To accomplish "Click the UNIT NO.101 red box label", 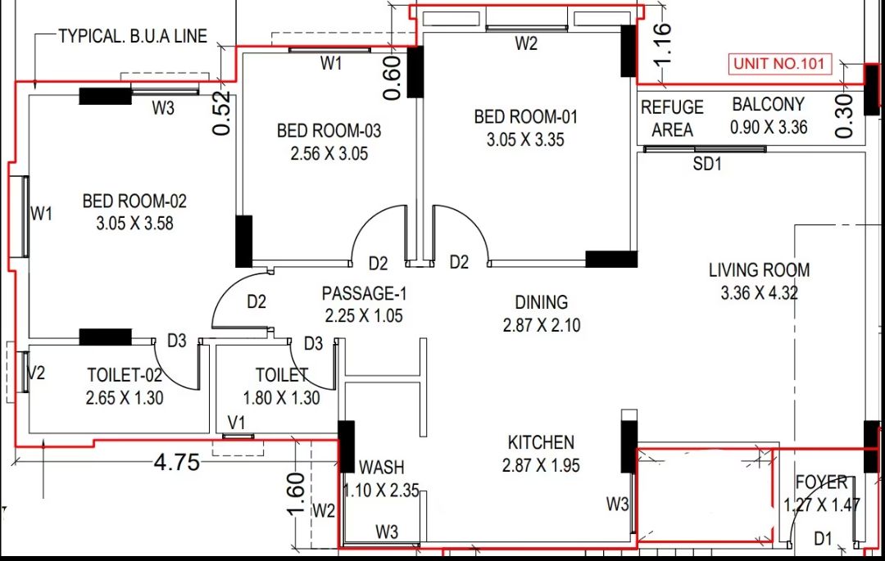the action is pos(779,63).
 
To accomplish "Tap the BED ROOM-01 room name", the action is pos(525,117).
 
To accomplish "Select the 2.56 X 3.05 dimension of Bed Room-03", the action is pos(329,153).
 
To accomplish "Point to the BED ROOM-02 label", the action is pos(134,201).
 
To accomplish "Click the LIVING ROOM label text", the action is pos(759,270).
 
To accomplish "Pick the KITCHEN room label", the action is pos(541,442).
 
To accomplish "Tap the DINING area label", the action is pos(542,303).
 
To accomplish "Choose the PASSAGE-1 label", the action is pos(364,294).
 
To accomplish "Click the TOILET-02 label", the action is pos(125,375).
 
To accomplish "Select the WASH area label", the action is pos(382,468).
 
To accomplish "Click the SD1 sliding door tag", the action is pos(707,164).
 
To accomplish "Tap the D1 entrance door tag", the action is pos(823,539).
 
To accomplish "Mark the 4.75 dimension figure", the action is pos(177,463).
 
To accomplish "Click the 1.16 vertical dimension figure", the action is pos(663,44).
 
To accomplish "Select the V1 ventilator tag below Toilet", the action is pos(237,423).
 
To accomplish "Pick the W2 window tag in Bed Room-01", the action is pos(526,43).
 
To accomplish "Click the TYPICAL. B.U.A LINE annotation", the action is pos(134,36).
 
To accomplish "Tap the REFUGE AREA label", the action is pos(672,119).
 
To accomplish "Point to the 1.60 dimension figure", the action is pos(297,495).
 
